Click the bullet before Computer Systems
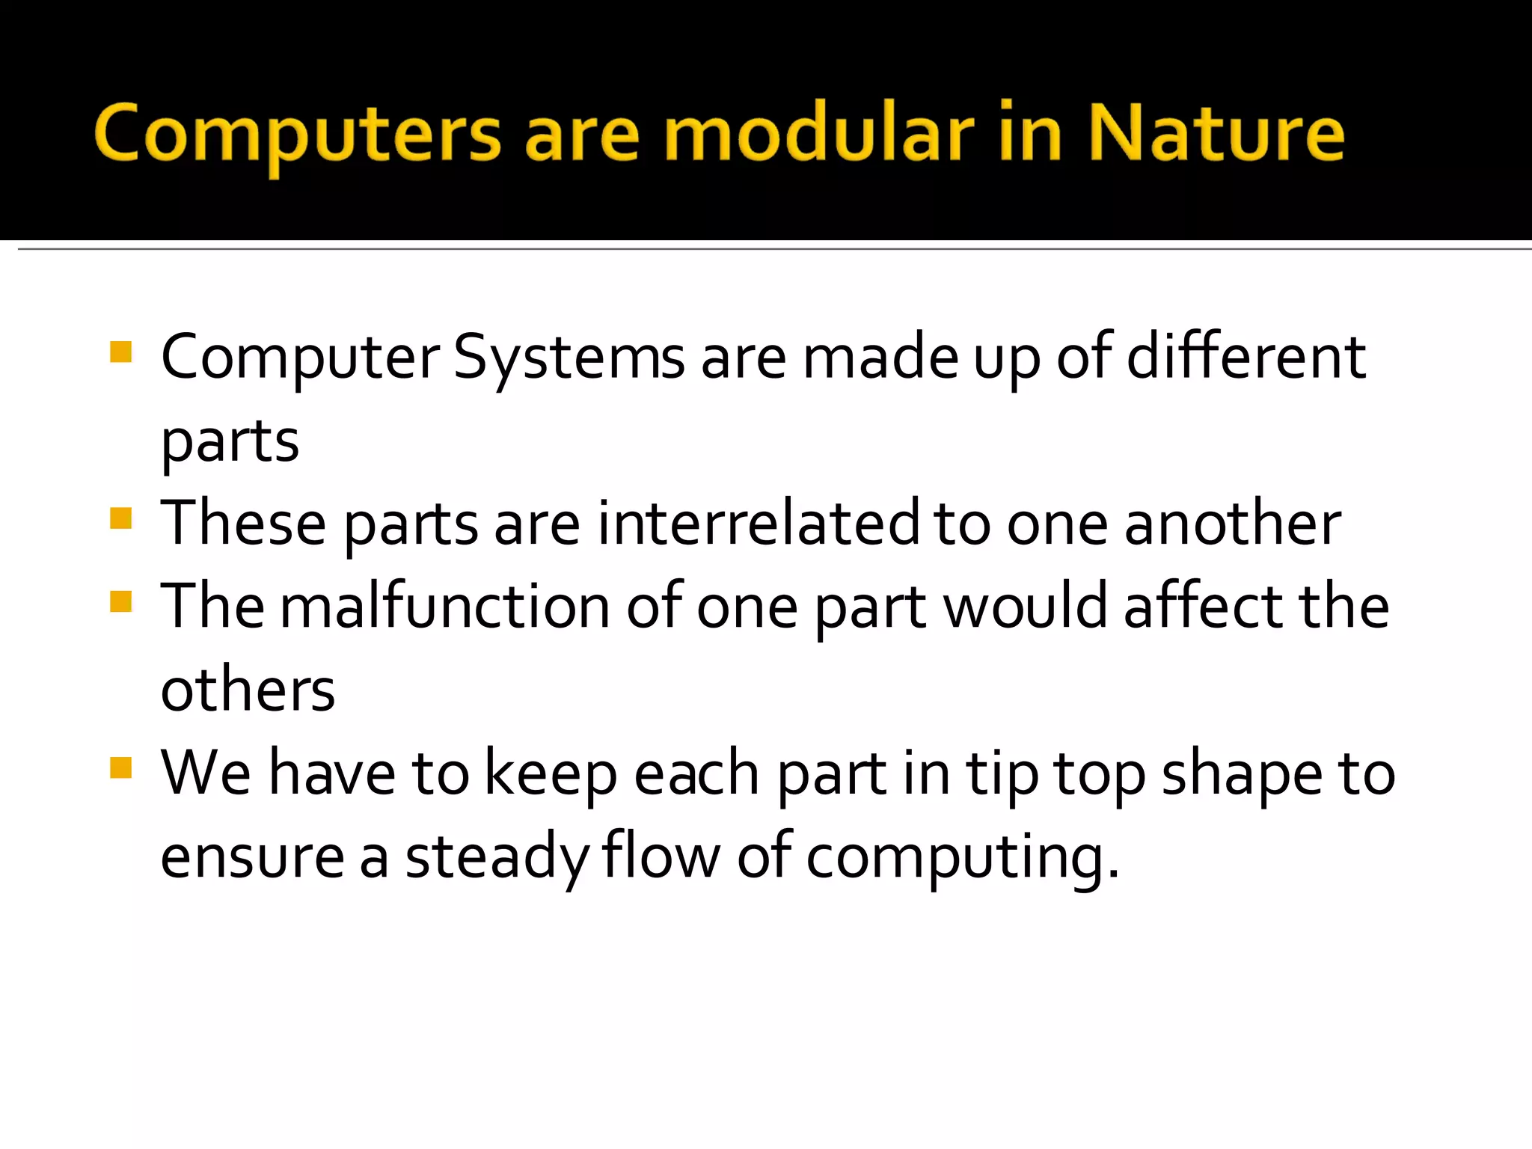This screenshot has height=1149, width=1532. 120,352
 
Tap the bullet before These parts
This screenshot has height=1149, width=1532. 120,518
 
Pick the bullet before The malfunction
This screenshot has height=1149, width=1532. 120,601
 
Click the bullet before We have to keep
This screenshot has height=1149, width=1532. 120,767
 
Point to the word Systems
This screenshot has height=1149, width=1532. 569,359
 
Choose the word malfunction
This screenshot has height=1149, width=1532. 445,607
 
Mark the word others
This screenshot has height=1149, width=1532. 248,690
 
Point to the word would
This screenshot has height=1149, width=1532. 1025,607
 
